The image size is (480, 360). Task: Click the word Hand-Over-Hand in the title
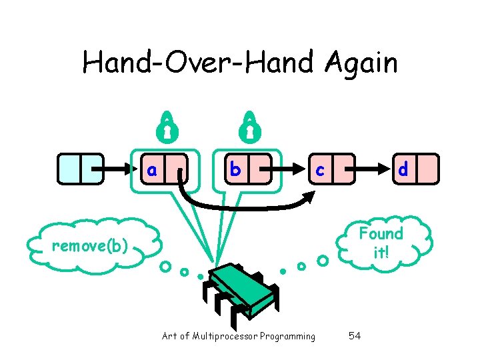point(199,64)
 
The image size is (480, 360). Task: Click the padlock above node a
point(167,126)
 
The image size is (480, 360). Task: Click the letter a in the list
point(153,170)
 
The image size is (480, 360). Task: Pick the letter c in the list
point(320,170)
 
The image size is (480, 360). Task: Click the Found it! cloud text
point(381,243)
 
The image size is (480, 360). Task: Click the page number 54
point(355,335)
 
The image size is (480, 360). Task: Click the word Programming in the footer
point(287,336)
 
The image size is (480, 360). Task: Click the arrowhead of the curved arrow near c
point(311,196)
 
